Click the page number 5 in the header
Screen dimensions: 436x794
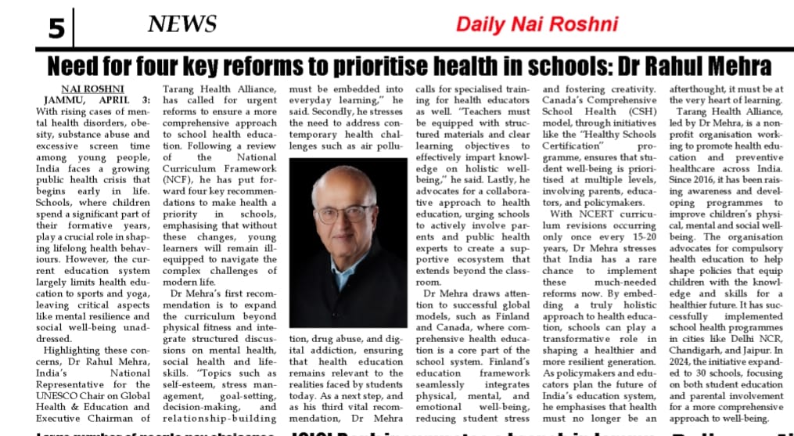pyautogui.click(x=56, y=28)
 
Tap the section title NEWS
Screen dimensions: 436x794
pyautogui.click(x=182, y=24)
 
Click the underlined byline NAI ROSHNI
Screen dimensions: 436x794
pyautogui.click(x=92, y=88)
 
